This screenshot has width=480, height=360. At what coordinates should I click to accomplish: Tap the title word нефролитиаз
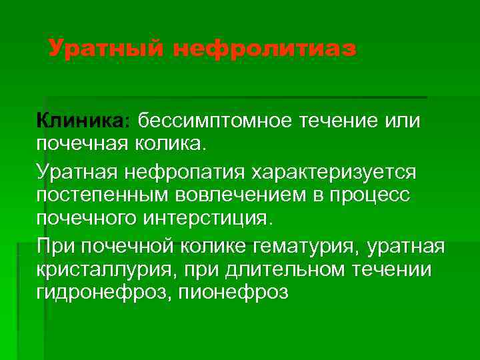tap(265, 49)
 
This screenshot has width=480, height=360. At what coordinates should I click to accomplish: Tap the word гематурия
tap(305, 247)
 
